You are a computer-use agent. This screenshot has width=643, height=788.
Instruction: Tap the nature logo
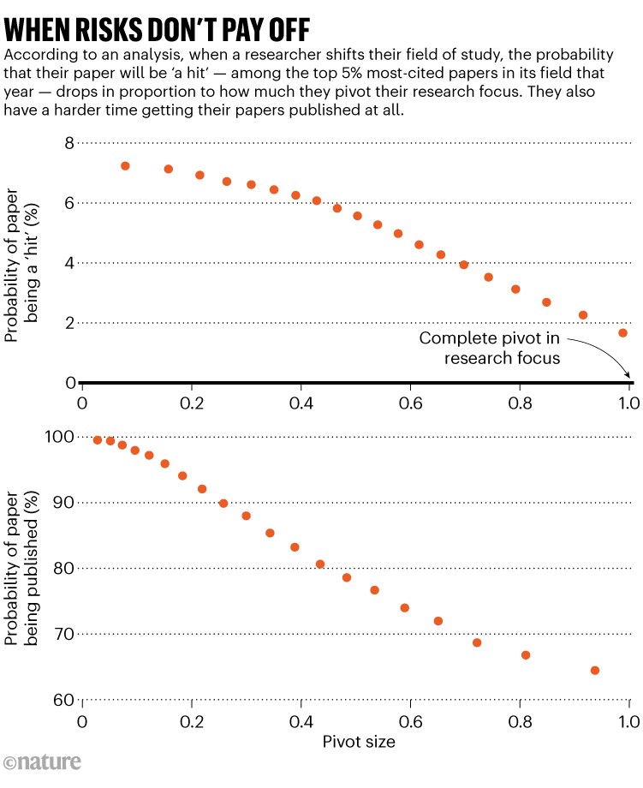pos(43,761)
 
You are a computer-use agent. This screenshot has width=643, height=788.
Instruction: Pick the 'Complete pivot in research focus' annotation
pos(491,348)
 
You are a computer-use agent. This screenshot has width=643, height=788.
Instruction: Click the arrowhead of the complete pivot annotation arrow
pos(630,376)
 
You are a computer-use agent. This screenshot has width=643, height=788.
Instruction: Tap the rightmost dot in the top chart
pos(622,332)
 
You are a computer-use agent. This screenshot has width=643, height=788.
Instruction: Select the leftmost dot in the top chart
pos(125,166)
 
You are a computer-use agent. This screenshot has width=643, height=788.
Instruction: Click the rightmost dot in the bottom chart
pos(595,671)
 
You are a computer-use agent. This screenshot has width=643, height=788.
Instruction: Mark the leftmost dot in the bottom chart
pos(98,439)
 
